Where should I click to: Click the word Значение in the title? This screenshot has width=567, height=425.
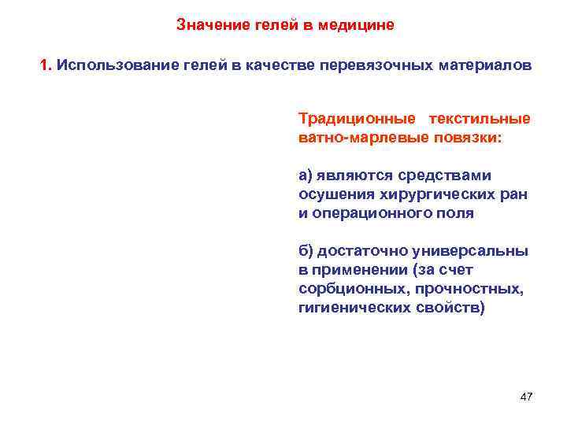point(206,24)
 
